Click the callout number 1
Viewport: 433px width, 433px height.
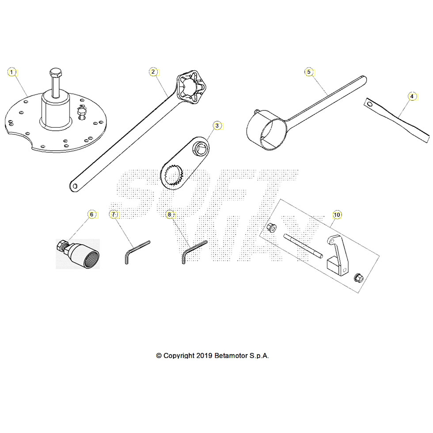coord(12,72)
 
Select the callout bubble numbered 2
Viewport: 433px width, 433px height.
coord(153,72)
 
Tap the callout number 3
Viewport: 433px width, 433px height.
coord(216,125)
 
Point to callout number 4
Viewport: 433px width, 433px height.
coord(411,96)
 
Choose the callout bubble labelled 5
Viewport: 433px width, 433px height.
coord(309,72)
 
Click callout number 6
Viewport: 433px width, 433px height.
coord(91,214)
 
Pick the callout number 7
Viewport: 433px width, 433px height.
coord(113,214)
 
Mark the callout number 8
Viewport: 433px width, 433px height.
coord(169,214)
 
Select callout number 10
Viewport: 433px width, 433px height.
coord(337,215)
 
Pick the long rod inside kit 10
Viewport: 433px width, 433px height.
coord(304,247)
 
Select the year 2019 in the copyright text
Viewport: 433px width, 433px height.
coord(204,356)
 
